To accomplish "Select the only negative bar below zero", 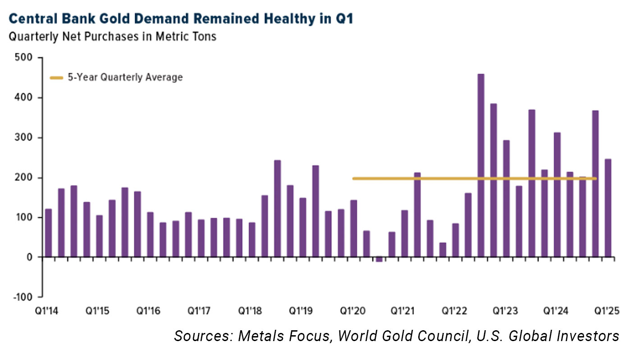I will coord(379,260).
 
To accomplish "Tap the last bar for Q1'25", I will coord(608,208).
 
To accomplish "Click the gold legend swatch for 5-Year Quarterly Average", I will coord(56,77).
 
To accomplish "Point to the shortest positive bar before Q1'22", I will coord(443,250).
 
